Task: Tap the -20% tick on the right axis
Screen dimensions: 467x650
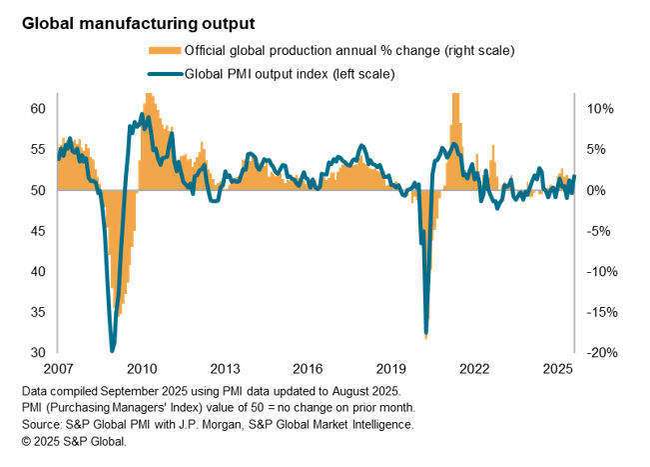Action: (x=596, y=353)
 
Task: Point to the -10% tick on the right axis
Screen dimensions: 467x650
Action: (x=596, y=271)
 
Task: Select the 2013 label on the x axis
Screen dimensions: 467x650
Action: (x=224, y=367)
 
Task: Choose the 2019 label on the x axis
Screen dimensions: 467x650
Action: (x=391, y=367)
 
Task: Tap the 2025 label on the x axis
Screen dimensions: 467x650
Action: (x=558, y=367)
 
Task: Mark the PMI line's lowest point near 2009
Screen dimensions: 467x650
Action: (x=111, y=350)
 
